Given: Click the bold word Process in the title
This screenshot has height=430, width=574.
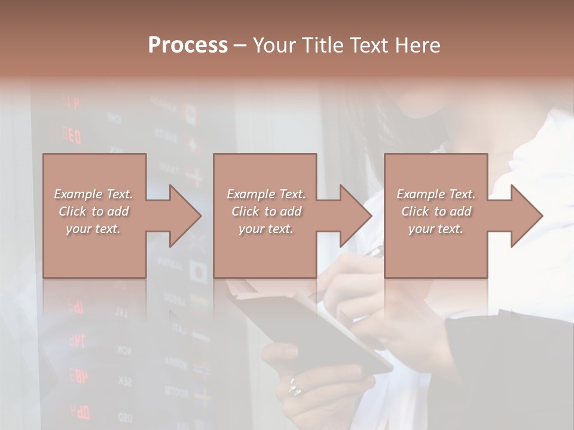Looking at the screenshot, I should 188,45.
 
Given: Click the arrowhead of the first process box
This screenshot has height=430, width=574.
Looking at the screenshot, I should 185,216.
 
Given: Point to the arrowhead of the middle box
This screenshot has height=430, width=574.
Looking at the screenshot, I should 356,216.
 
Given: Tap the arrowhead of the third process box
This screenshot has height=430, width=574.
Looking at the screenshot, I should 526,216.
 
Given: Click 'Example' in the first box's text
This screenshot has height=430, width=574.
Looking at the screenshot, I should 78,194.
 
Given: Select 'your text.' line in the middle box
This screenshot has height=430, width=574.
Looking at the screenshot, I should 265,229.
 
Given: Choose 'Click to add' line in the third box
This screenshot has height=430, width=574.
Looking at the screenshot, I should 436,211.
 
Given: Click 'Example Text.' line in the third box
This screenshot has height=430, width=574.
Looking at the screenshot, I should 436,194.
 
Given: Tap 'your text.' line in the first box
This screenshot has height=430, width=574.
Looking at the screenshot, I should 93,229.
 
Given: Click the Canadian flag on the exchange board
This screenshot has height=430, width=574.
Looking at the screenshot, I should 191,113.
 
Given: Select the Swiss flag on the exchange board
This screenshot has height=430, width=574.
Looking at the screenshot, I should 193,145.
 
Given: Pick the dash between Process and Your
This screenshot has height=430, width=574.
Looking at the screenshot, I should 240,45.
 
